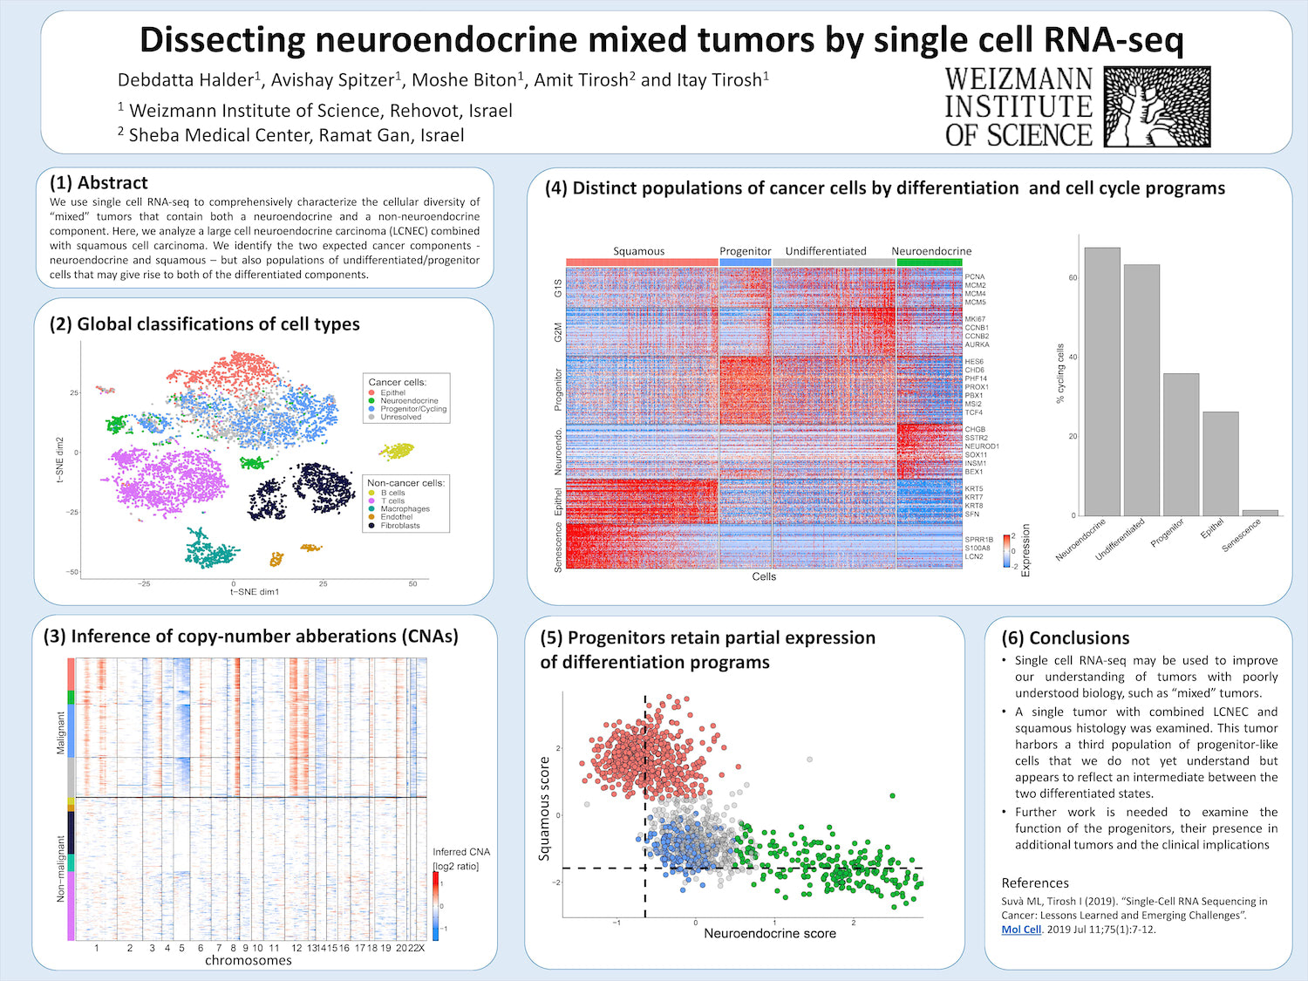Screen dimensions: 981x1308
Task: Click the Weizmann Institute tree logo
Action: point(1156,106)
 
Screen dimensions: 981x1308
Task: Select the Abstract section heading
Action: point(99,183)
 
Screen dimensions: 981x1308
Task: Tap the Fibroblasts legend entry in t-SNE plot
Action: point(399,526)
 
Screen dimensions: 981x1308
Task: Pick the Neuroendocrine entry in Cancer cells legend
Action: point(408,401)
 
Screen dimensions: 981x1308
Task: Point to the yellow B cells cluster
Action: point(397,451)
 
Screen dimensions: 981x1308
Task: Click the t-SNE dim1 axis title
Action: point(255,592)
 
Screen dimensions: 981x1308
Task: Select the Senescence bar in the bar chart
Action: point(1260,513)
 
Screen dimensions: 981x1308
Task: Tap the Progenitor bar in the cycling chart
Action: point(1181,445)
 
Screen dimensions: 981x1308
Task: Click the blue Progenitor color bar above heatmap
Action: point(746,262)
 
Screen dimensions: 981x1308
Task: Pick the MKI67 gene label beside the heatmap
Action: point(975,319)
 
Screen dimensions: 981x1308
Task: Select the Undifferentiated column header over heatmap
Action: point(826,251)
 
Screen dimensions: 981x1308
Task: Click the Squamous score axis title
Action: point(545,808)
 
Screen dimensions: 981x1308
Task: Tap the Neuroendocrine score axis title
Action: point(769,934)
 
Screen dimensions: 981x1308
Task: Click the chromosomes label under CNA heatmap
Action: point(249,960)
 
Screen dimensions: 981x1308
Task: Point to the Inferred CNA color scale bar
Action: point(436,906)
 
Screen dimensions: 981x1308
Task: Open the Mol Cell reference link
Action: point(1021,930)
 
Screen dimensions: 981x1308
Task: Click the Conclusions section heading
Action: point(1065,638)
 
